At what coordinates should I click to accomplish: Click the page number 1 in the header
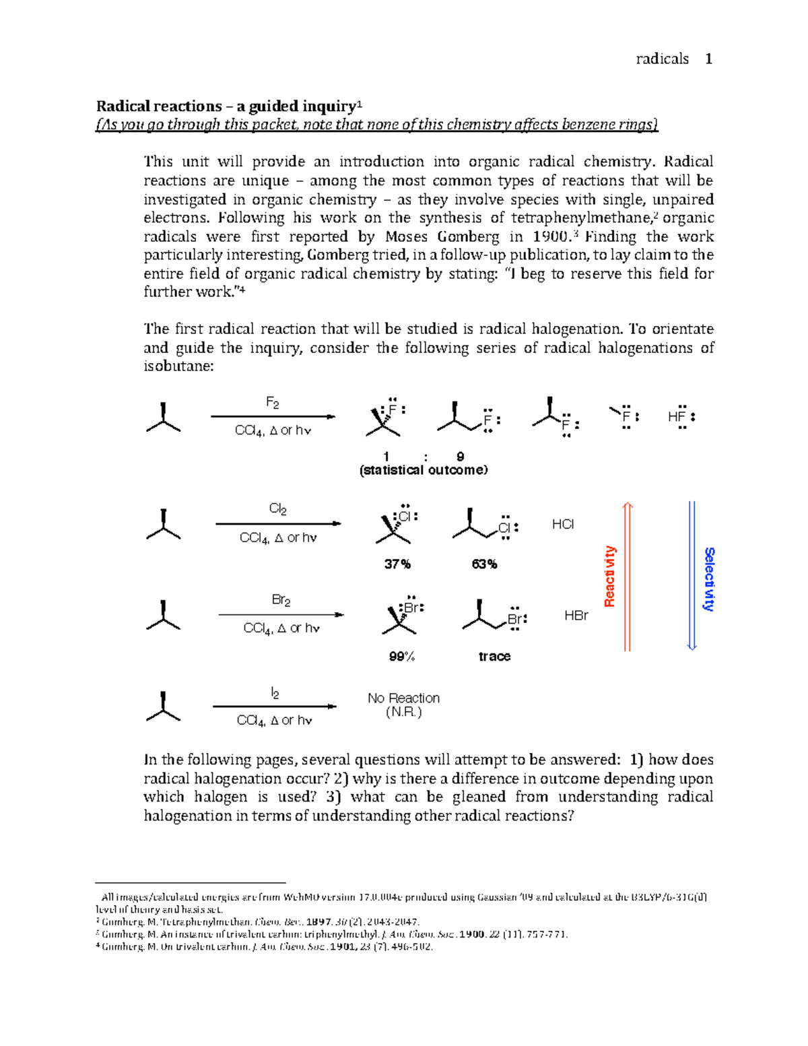coord(708,59)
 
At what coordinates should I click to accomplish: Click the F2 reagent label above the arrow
coord(273,403)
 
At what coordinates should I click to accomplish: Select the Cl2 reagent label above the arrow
coord(277,509)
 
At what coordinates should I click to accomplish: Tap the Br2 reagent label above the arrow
coord(281,600)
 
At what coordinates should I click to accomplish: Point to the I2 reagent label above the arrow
coord(275,693)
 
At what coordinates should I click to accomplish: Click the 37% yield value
coord(397,564)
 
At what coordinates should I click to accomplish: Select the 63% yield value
coord(484,564)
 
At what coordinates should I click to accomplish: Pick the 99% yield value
coord(402,656)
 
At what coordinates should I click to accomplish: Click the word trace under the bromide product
coord(494,656)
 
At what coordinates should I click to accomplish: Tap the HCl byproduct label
coord(563,524)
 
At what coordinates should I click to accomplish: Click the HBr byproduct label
coord(576,616)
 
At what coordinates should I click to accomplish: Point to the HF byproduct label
coord(677,417)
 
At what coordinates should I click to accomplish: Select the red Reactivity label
coord(610,577)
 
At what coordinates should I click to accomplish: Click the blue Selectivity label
coord(709,579)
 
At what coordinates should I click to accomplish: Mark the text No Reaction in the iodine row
coord(403,698)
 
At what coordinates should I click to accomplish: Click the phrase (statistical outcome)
coord(424,470)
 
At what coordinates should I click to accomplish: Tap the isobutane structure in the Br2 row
coord(163,616)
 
